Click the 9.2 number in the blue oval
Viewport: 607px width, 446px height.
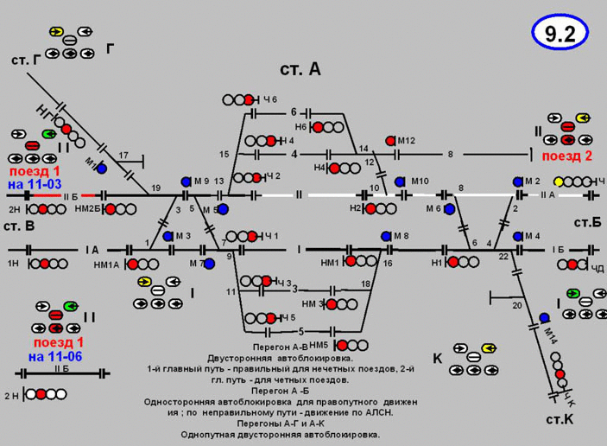tap(560, 34)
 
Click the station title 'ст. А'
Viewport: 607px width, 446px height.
tap(300, 70)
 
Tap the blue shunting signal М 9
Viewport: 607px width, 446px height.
tap(186, 182)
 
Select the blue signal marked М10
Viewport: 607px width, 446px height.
tap(400, 182)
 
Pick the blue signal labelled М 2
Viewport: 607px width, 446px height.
tap(518, 182)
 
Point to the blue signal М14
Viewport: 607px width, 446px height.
tap(545, 318)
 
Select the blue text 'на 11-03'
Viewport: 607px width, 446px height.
tap(34, 185)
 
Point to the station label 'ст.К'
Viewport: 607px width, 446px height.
tap(560, 419)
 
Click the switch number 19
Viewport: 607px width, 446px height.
tap(156, 188)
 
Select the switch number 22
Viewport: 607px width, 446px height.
tap(503, 258)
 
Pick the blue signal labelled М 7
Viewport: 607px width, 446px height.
tap(209, 264)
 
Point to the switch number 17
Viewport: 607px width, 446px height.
tap(123, 156)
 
